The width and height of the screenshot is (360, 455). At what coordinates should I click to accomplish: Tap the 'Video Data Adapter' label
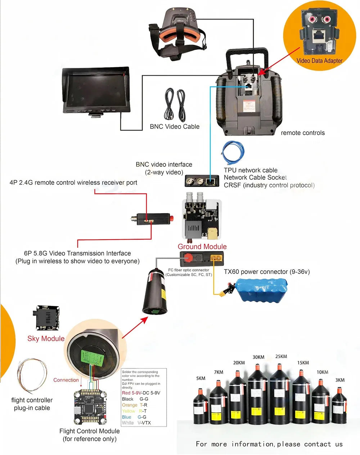coord(319,61)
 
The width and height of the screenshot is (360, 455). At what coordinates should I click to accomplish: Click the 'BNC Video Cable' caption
coord(175,126)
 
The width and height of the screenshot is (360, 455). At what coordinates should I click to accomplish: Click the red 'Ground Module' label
coord(202,246)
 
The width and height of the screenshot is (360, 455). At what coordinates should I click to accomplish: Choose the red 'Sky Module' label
coord(46,338)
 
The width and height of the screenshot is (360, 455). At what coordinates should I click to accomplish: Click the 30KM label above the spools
coord(258,357)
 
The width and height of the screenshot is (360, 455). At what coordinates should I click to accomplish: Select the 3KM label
coord(339,380)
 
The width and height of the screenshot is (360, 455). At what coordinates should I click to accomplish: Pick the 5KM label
coord(201,378)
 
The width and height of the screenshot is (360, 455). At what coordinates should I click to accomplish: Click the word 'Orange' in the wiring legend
coord(130,405)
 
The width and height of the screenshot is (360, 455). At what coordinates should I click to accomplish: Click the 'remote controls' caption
coord(302,133)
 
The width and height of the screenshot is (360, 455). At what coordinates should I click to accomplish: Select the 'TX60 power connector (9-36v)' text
coord(266,272)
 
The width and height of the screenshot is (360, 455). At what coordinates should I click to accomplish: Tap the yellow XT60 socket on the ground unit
coord(217,258)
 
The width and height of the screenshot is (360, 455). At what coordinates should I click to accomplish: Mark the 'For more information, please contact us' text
coord(269,444)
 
